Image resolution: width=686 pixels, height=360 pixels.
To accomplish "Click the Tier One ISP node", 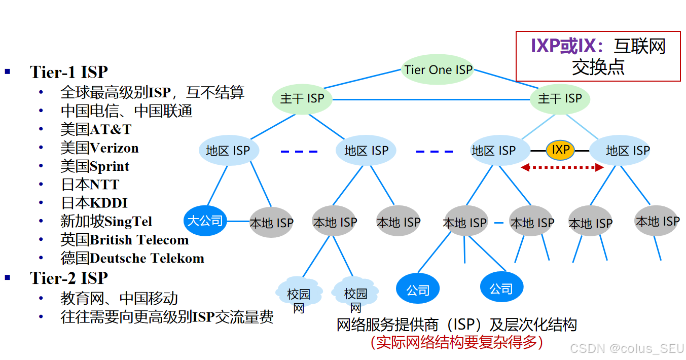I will (x=438, y=69).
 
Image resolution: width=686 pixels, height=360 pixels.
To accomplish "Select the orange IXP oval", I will (x=560, y=150).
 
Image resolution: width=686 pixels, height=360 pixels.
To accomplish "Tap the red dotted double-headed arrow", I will (x=562, y=166).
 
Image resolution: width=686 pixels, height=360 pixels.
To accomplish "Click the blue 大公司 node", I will (x=205, y=221).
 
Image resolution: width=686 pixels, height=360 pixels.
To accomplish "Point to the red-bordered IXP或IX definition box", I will (x=598, y=56).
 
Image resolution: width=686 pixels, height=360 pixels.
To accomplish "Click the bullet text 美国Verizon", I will (x=99, y=148).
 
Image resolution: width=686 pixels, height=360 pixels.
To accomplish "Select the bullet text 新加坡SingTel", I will (x=106, y=221).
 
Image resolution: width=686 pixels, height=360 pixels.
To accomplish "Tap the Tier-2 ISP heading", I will (x=69, y=278).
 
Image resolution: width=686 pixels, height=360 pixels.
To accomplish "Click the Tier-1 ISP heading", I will (x=69, y=71).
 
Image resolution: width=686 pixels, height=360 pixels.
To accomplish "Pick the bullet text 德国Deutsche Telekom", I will (x=132, y=258).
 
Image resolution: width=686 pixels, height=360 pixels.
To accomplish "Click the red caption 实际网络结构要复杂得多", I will (x=457, y=342).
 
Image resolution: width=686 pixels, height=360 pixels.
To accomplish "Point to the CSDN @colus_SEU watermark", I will (x=627, y=348).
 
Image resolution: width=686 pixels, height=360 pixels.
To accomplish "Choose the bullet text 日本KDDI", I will (x=94, y=203).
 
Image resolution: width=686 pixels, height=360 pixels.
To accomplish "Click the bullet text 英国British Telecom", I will (x=125, y=239).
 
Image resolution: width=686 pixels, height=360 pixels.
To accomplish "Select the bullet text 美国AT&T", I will (x=96, y=129).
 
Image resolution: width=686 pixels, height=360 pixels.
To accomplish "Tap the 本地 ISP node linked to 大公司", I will (x=271, y=223).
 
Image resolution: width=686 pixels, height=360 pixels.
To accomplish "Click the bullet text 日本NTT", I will (x=90, y=185).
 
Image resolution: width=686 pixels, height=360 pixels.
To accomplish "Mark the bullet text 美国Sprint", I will (x=95, y=166).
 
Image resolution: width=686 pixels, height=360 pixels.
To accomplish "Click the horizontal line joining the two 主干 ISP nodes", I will (x=431, y=99).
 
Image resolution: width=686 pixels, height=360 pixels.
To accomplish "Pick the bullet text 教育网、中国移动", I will (x=119, y=298).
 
